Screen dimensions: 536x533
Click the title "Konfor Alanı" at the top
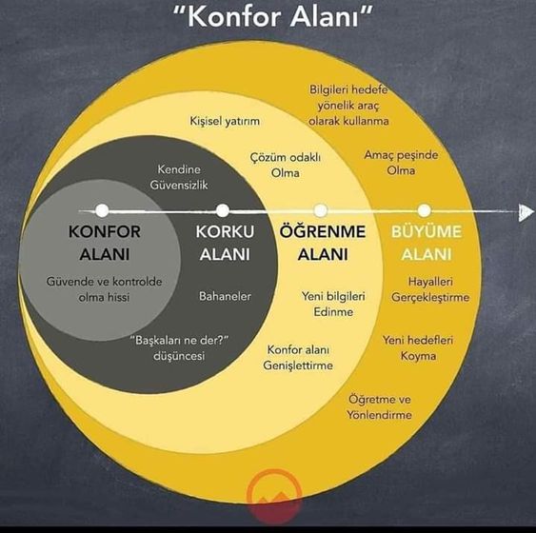272,17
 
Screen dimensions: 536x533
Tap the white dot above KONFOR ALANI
102,210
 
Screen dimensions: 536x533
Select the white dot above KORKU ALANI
223,210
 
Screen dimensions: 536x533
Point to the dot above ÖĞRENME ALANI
320,210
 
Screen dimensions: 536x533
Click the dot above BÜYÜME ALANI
425,210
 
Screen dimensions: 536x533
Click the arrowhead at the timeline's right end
526,212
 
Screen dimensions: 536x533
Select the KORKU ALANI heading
225,243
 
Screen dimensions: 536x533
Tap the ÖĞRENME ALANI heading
323,243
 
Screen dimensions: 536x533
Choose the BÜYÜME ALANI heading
427,243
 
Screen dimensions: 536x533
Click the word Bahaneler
225,296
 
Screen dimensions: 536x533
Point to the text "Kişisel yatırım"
225,121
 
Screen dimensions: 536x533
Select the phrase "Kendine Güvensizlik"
179,177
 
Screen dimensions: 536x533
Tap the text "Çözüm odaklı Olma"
285,165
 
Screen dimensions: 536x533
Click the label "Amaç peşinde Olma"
401,163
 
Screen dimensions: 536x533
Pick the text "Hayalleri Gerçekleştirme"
430,289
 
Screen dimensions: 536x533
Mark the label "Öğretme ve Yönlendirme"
380,407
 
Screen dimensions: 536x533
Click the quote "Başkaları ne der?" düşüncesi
179,347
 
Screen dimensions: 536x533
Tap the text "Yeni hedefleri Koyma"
418,347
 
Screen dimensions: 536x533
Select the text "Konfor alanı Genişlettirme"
298,357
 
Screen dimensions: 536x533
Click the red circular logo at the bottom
274,497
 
